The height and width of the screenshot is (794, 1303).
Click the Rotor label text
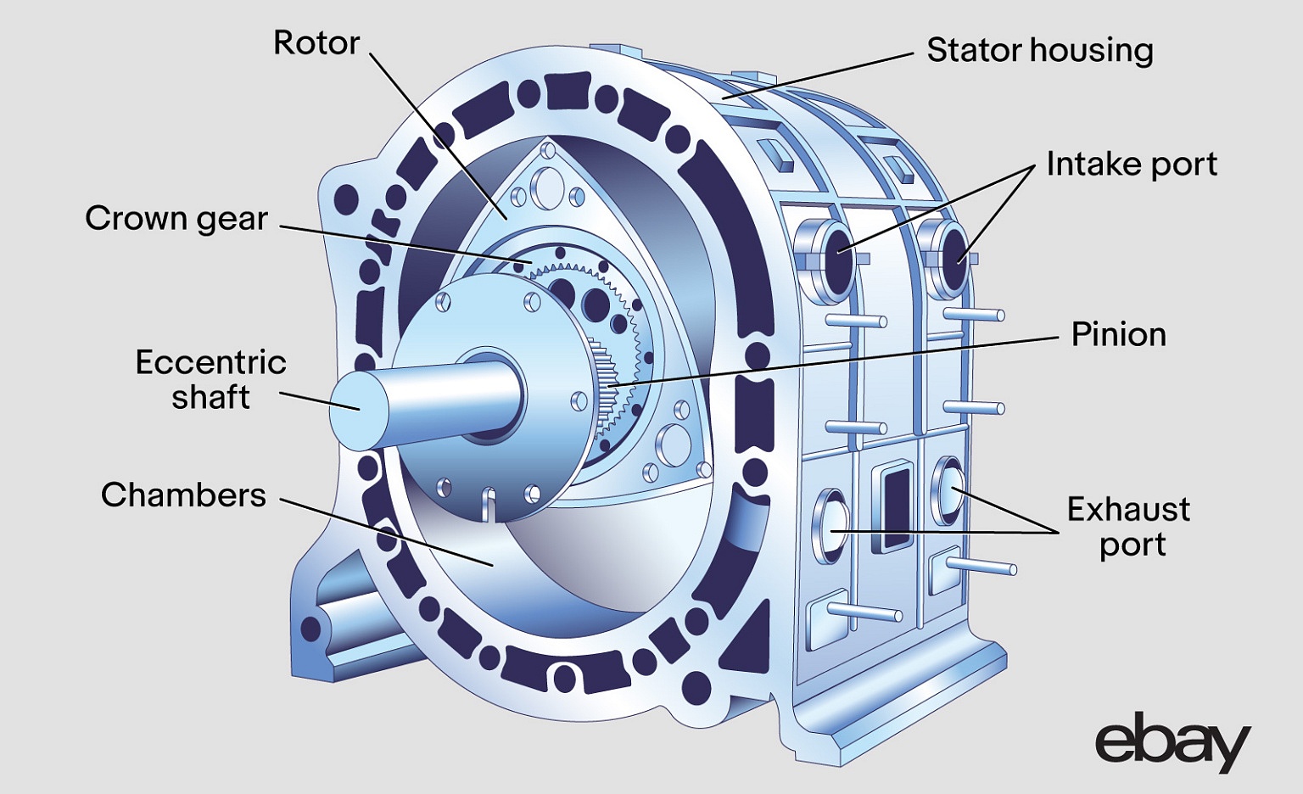pos(316,42)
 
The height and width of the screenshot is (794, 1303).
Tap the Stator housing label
pos(1039,50)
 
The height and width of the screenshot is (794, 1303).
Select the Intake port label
pos(1131,164)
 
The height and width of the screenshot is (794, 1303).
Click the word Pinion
pos(1118,334)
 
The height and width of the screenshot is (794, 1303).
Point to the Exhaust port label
pos(1128,527)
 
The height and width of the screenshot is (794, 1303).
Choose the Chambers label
pos(183,495)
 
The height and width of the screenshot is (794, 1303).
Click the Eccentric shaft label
pos(210,379)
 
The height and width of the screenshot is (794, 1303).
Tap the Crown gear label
pos(176,218)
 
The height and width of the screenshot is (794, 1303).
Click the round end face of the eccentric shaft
pos(356,411)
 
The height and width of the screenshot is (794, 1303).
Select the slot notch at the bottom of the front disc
pos(487,504)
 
